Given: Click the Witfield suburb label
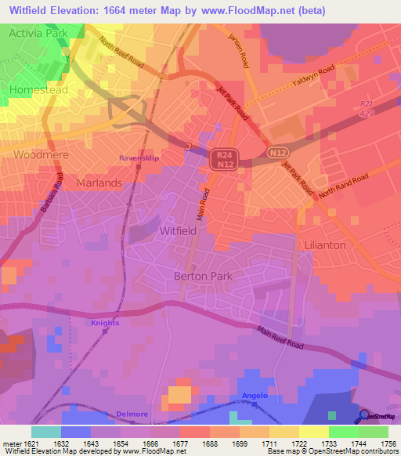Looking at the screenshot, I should [179, 232].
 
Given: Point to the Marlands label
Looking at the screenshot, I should [99, 183].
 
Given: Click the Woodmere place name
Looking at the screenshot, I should [42, 154].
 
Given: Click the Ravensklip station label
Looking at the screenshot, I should [139, 158].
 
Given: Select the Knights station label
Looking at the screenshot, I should [105, 323].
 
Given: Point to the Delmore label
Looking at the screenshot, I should [132, 413].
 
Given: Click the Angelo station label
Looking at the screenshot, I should [255, 396].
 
